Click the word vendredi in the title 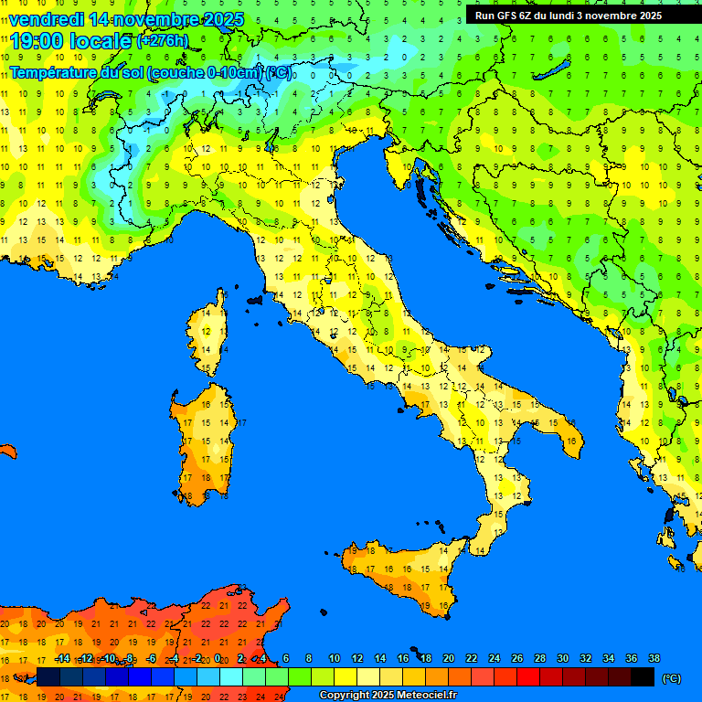click(x=47, y=19)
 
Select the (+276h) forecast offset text click(x=163, y=41)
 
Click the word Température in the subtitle click(x=54, y=72)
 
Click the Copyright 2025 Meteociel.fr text click(x=388, y=696)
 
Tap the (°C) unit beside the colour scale click(x=671, y=677)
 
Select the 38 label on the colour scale click(x=654, y=659)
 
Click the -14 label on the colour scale click(x=62, y=659)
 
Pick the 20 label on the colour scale click(x=449, y=659)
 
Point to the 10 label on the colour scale click(x=335, y=659)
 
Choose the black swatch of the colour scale click(x=643, y=676)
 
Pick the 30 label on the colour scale click(x=562, y=659)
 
